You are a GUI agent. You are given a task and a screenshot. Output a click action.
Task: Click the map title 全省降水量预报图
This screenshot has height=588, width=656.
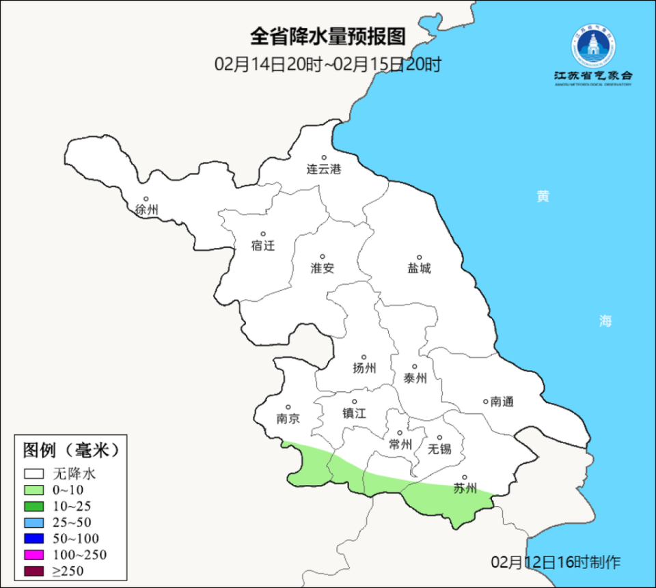(x=328, y=36)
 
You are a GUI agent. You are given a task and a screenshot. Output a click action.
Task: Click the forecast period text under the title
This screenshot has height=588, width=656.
(x=328, y=65)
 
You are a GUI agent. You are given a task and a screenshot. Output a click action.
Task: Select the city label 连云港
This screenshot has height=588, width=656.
(x=323, y=169)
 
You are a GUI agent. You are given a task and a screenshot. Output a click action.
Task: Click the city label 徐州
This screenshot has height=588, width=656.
(x=146, y=210)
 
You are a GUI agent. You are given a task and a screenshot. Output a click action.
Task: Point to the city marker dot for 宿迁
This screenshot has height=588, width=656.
(x=262, y=234)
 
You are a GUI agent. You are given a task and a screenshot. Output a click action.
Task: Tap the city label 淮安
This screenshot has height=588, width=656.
(x=323, y=268)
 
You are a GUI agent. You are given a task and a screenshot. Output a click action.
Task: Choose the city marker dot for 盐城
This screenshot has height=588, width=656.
(x=420, y=257)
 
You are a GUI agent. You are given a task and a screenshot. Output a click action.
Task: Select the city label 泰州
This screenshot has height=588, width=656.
(x=415, y=378)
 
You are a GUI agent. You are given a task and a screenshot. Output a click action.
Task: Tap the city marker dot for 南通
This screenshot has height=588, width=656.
(x=485, y=402)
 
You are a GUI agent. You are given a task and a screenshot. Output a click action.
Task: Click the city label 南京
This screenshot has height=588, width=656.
(x=288, y=419)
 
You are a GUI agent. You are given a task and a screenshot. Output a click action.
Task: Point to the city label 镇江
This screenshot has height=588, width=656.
(x=355, y=413)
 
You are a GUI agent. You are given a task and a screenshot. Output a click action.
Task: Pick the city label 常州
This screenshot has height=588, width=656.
(x=400, y=444)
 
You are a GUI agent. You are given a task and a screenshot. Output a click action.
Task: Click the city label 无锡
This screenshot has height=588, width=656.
(x=439, y=449)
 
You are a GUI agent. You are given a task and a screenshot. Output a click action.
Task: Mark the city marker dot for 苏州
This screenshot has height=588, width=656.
(x=465, y=477)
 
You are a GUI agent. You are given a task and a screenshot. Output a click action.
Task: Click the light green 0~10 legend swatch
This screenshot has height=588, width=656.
(x=34, y=490)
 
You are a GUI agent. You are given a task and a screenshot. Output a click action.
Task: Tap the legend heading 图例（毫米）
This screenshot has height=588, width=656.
(x=71, y=450)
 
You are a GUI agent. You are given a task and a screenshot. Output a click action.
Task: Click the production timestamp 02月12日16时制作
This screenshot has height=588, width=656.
(x=556, y=563)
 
